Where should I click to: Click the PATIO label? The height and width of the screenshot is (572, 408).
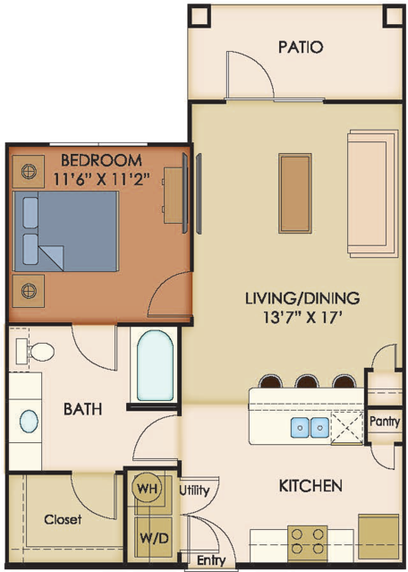tap(301, 47)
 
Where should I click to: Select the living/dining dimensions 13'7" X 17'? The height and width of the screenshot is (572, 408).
tap(302, 318)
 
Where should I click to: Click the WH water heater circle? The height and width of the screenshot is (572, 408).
tap(148, 488)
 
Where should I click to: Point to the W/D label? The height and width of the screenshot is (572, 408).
tap(154, 538)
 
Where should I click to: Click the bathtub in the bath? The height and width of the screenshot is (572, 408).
tap(155, 365)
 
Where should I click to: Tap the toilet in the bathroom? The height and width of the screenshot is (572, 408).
tap(35, 351)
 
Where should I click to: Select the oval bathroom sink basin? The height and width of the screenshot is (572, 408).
tap(29, 422)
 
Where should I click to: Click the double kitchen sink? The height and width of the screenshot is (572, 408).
tap(310, 427)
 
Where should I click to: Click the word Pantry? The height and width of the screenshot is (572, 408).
tap(385, 422)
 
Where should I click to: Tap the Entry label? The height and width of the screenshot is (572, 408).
tap(211, 560)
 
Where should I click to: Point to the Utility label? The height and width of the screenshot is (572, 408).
tap(194, 491)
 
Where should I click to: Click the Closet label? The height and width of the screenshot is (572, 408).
tap(63, 519)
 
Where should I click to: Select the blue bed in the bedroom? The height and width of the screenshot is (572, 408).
tap(65, 231)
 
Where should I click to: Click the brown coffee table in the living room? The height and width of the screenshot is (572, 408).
tap(295, 193)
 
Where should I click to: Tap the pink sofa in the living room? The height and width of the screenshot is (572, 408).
tap(372, 193)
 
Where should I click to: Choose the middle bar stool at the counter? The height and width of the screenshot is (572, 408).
tap(308, 381)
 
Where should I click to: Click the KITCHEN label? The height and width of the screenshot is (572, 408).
tap(310, 486)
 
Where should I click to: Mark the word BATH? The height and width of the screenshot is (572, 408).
tap(83, 409)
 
